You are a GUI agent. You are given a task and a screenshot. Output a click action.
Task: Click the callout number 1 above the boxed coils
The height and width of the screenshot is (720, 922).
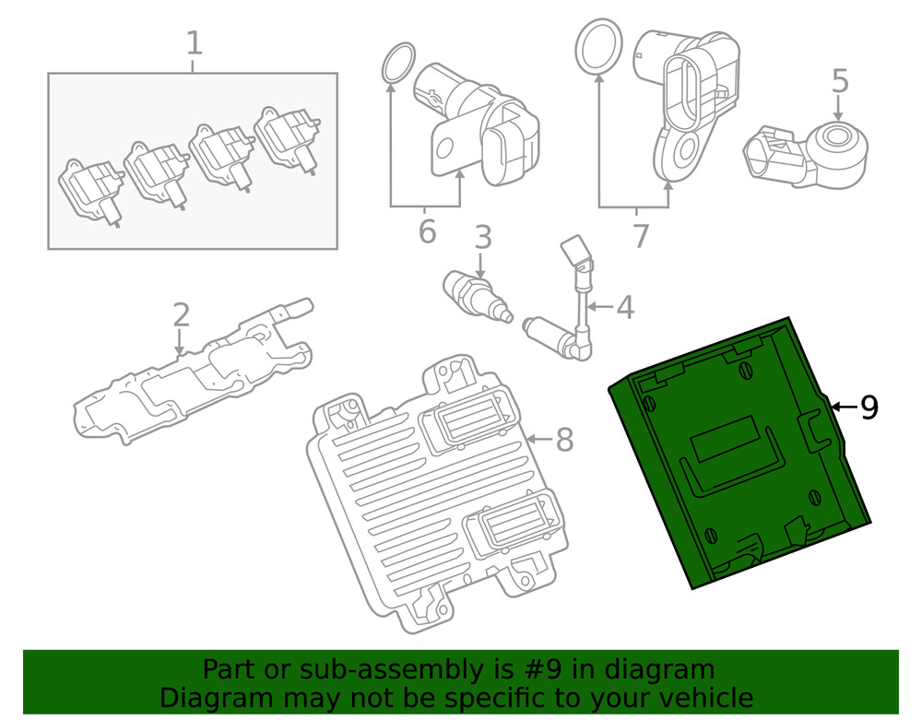194,43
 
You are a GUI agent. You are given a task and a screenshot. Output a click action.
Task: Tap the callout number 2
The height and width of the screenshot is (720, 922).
181,315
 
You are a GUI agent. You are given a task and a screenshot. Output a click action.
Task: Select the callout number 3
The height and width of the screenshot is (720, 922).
483,238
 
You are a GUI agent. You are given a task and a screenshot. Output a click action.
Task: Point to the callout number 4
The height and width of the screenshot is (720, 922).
625,307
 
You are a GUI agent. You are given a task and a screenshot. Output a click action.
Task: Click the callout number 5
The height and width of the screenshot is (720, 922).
839,81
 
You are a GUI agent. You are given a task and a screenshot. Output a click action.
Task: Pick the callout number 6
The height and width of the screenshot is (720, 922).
426,231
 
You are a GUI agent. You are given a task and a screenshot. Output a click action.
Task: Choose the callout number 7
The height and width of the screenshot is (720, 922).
641,236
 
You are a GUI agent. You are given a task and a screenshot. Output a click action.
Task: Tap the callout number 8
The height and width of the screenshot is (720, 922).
564,440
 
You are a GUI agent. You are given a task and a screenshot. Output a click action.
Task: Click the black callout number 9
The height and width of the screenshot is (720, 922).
869,407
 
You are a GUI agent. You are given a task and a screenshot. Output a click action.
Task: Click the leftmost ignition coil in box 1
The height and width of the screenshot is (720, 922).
90,189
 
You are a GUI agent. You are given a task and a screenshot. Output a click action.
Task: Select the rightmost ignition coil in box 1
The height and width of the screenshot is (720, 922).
289,138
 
